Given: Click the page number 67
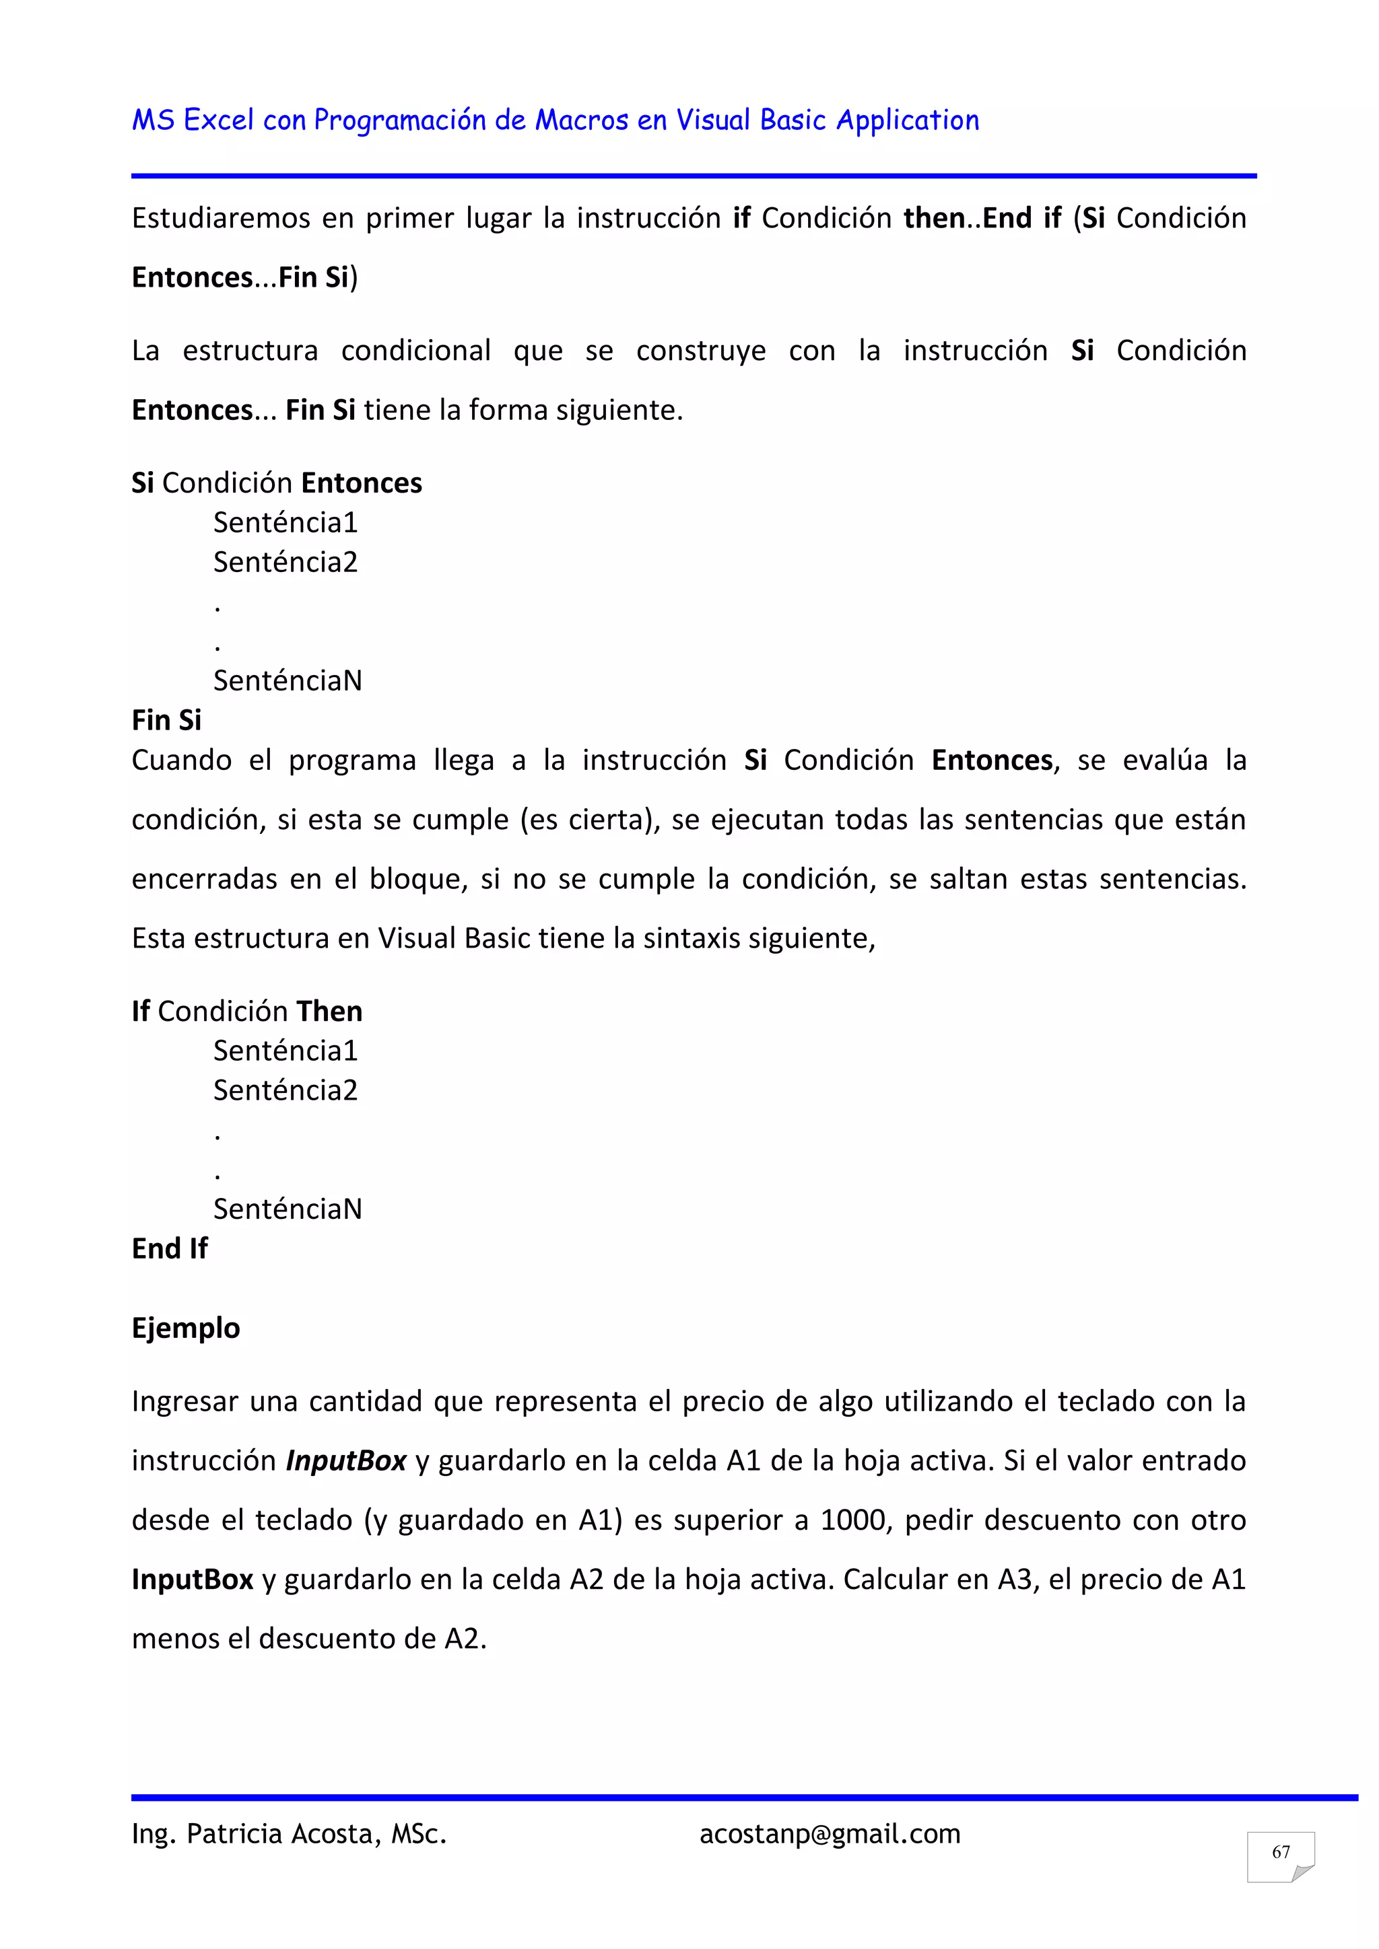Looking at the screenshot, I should [1281, 1852].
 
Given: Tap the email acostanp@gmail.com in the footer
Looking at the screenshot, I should [830, 1835].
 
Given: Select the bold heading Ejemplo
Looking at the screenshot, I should [186, 1328].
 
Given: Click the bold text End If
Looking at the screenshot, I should [170, 1248].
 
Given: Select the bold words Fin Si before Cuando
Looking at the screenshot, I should [166, 721].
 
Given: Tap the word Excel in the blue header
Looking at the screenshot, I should [219, 120].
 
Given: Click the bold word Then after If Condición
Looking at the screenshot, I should [329, 1012].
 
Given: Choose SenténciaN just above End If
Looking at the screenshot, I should [287, 1209].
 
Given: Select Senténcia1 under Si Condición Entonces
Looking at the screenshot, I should [285, 523].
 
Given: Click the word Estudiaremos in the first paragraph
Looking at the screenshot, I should [221, 219].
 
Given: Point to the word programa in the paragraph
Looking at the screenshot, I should [352, 760].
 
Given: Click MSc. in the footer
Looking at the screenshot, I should [419, 1835].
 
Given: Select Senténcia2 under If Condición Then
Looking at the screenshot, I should [285, 1091].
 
